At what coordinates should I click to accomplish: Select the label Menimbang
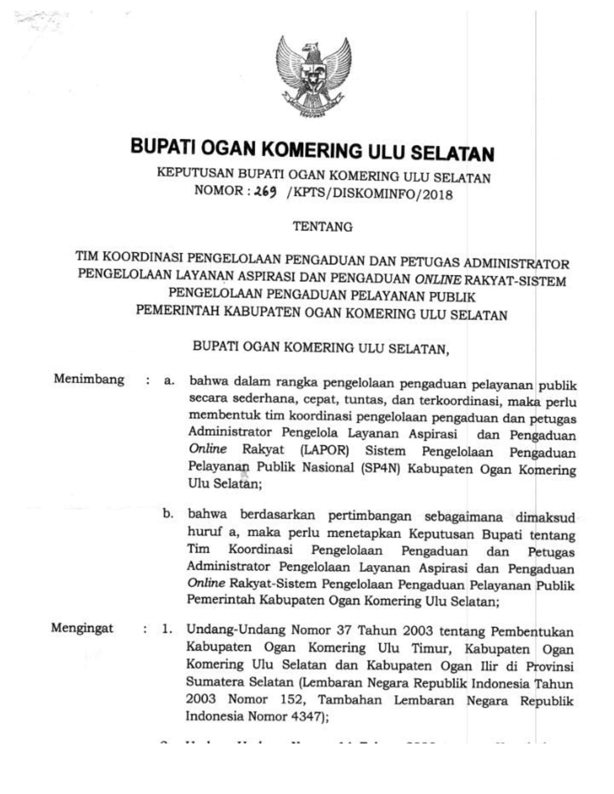click(89, 379)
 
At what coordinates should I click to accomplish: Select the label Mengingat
click(82, 628)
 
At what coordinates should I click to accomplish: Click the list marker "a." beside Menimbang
click(169, 381)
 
